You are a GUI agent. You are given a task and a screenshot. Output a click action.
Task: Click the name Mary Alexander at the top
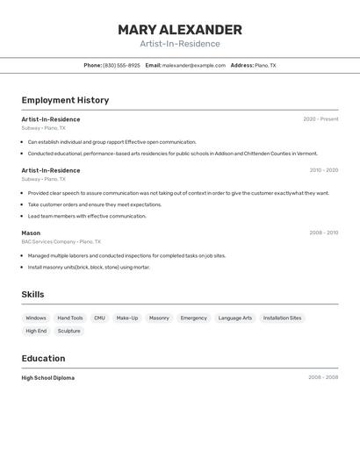pos(180,30)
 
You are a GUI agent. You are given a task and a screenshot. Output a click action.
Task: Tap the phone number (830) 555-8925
pos(121,65)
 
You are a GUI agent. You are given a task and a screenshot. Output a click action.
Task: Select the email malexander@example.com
pos(193,65)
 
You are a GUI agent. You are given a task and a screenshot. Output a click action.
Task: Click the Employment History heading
pos(65,100)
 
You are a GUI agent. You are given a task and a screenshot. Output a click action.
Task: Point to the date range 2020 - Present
pos(320,119)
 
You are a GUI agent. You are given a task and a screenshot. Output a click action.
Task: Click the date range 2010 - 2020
pos(323,170)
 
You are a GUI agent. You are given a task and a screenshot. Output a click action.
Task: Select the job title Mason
pos(31,233)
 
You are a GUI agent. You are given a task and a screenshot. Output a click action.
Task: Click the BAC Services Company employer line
pos(61,241)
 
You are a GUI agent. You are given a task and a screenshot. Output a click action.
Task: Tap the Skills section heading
pos(33,295)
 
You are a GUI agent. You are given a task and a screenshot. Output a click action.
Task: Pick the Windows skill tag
pos(36,318)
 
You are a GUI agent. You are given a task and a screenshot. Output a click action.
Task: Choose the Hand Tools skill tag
pos(70,318)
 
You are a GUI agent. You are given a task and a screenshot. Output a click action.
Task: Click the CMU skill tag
pos(99,318)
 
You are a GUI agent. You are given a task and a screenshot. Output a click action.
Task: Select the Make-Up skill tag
pos(127,318)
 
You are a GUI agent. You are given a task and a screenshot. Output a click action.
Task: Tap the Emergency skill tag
pos(194,318)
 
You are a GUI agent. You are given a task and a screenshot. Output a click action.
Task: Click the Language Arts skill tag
pos(235,318)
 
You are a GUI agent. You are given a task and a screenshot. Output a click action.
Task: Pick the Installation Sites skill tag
pos(282,318)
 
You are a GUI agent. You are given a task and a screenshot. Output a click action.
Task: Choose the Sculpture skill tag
pos(69,331)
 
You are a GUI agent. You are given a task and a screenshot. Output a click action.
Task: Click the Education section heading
pos(43,358)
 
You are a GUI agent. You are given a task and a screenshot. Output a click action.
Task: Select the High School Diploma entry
pos(48,378)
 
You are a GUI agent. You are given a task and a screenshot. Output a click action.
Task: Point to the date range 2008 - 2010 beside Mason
pos(323,233)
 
